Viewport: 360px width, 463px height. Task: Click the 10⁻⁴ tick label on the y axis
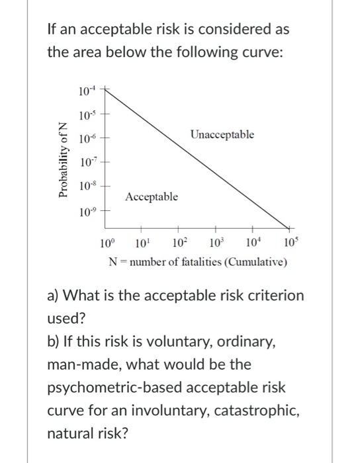tap(86, 89)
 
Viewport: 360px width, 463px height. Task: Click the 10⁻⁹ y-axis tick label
tap(86, 212)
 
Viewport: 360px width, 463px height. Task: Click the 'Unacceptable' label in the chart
tap(222, 135)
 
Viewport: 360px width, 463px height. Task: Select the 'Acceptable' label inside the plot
tap(152, 196)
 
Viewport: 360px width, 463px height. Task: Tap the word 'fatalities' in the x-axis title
tap(199, 263)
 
